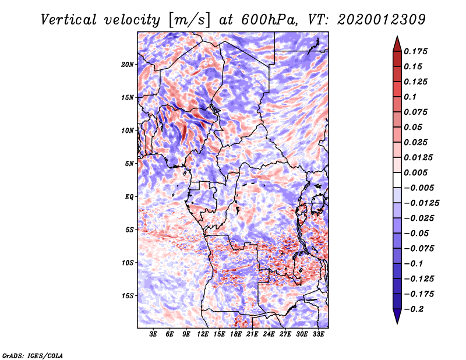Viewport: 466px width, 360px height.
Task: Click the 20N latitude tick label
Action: click(x=128, y=65)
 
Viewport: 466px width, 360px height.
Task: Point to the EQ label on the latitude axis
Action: click(x=129, y=197)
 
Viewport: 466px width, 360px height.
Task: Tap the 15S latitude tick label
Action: click(x=128, y=296)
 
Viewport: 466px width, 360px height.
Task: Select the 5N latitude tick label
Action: click(x=129, y=164)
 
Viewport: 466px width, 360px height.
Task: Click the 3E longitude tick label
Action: click(x=153, y=334)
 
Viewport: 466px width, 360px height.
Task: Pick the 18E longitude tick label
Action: click(x=235, y=334)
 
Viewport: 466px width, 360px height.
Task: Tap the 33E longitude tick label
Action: click(x=318, y=334)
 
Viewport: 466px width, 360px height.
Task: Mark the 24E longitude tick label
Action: click(x=269, y=334)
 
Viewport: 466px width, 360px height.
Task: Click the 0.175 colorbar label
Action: click(x=415, y=51)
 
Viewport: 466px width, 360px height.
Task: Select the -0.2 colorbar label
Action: click(x=414, y=309)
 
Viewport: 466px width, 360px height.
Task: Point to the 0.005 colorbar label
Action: click(x=415, y=172)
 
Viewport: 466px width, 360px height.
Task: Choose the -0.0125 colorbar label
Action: click(x=422, y=203)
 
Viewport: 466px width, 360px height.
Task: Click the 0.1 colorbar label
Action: click(x=410, y=97)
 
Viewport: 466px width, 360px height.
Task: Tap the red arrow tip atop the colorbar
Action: click(x=397, y=37)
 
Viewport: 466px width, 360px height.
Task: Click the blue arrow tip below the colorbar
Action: click(x=397, y=323)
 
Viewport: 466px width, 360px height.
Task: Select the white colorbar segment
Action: click(x=397, y=180)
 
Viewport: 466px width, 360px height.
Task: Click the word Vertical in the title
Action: click(x=69, y=20)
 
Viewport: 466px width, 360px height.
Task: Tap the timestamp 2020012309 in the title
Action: click(x=382, y=20)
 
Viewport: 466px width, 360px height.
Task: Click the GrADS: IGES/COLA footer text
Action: click(x=33, y=355)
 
